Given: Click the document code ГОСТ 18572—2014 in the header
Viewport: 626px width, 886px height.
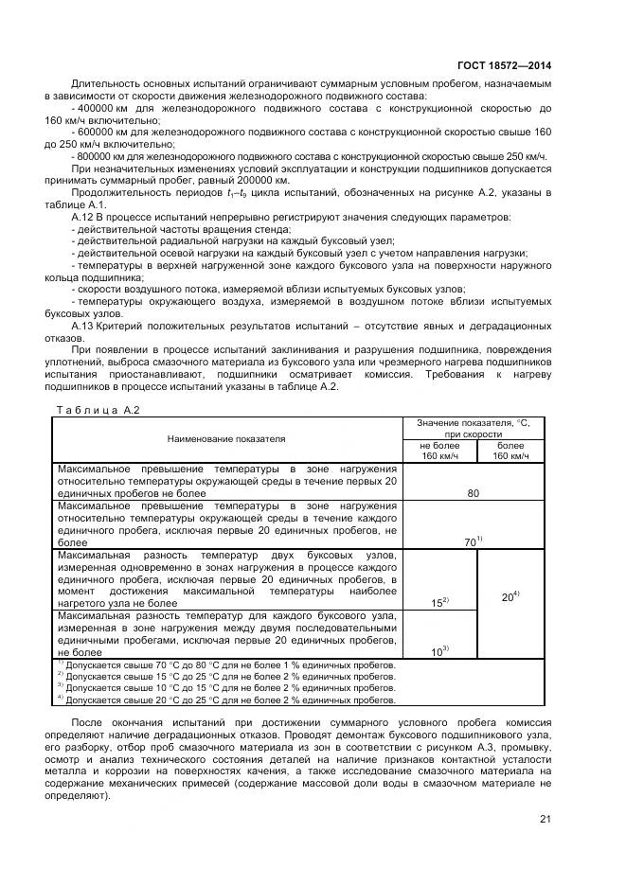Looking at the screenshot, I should (501, 65).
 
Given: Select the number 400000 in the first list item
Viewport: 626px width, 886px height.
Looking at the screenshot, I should (97, 110).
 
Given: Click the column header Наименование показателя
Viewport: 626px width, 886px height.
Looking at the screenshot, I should (226, 439).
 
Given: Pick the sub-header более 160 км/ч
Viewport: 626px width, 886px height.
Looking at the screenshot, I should (510, 451).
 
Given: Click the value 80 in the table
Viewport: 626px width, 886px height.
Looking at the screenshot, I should (473, 493).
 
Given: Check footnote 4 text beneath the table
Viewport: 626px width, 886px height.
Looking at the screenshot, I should (227, 700).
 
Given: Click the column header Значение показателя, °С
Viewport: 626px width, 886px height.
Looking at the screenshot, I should (474, 427).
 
